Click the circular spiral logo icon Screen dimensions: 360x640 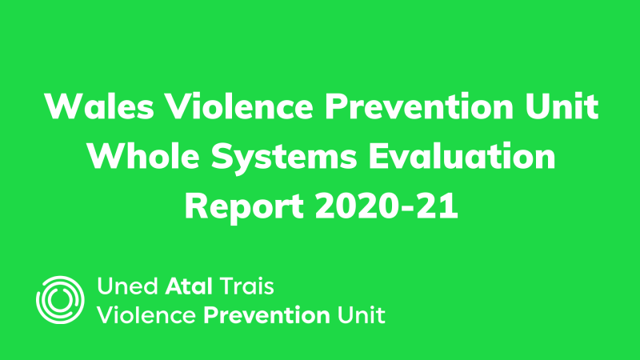(x=60, y=299)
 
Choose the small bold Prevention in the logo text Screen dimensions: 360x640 (x=266, y=314)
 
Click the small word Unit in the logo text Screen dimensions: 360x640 (x=361, y=314)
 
